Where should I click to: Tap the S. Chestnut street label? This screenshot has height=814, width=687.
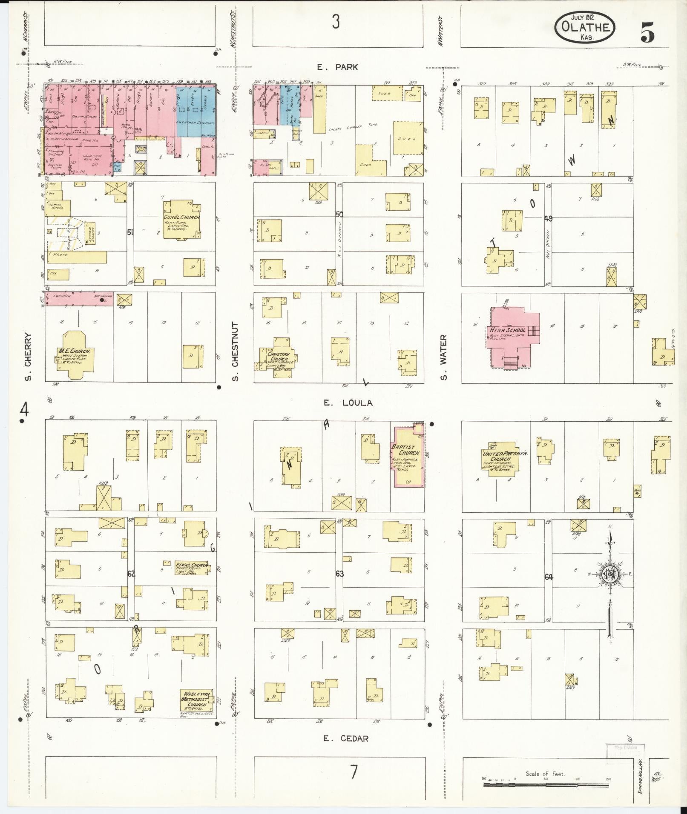(x=236, y=351)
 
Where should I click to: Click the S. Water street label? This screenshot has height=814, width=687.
(x=444, y=357)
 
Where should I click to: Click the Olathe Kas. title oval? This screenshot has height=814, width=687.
(x=584, y=27)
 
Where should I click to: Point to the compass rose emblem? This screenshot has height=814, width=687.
(x=609, y=574)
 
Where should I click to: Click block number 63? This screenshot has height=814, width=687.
(x=339, y=574)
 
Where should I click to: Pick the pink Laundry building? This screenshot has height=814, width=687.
(x=79, y=299)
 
